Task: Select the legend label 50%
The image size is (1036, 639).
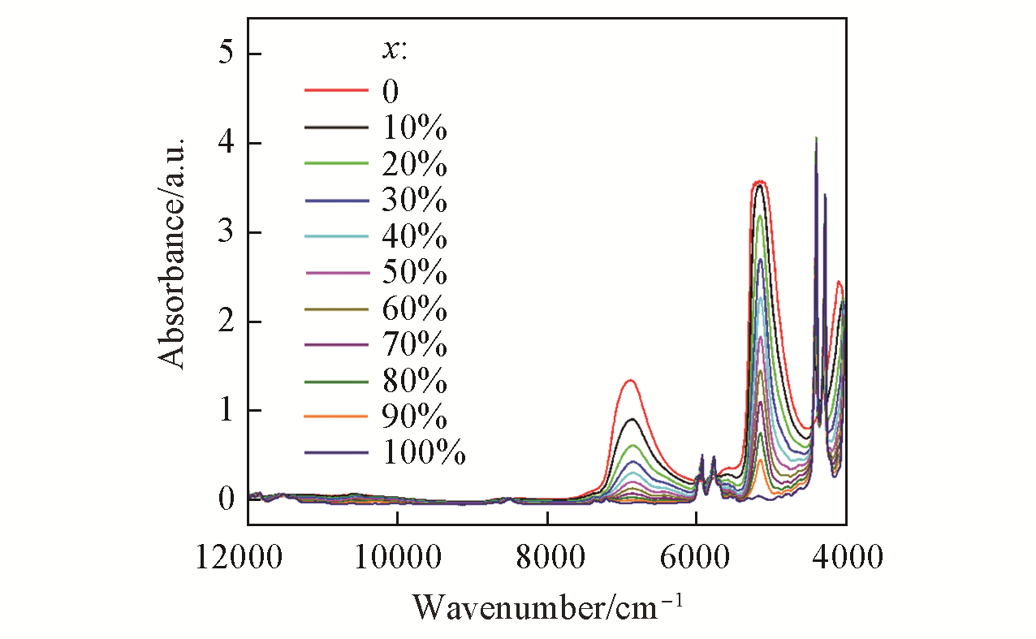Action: coord(414,273)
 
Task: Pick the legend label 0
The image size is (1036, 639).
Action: coord(391,91)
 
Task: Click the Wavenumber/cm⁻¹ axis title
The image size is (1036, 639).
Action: coord(548,607)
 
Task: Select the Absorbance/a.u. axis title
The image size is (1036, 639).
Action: coord(173,253)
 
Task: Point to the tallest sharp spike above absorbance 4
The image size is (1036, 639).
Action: coord(816,139)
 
